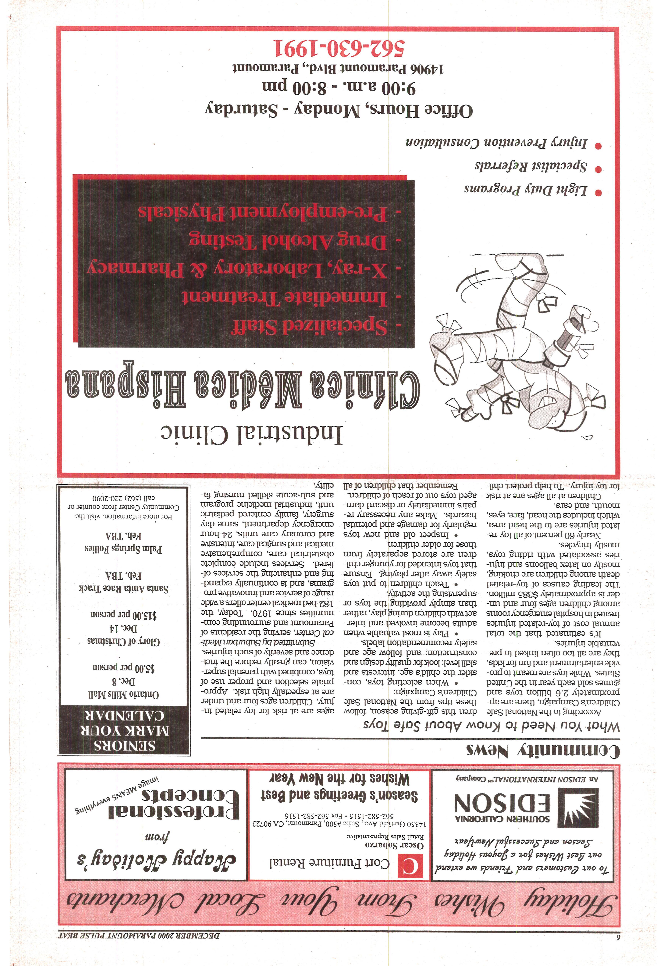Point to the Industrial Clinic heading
(252, 435)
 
